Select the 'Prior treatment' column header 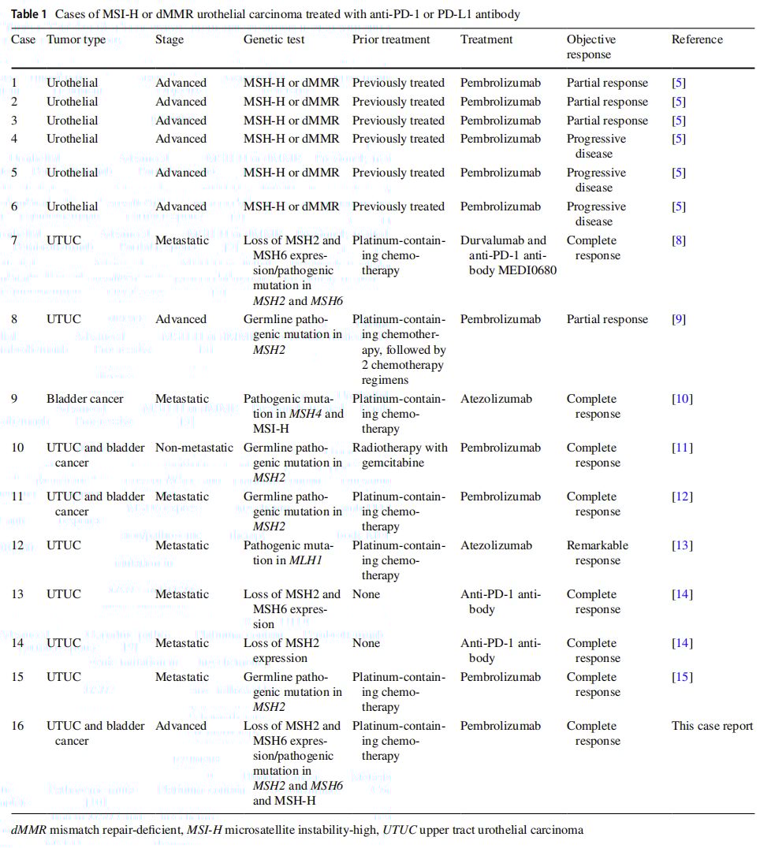point(391,40)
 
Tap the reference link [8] point(679,241)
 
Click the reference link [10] point(682,399)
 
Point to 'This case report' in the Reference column point(712,726)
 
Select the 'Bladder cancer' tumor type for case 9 point(85,399)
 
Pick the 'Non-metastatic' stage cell point(194,448)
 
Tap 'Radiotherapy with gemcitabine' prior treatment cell point(400,455)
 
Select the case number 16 point(17,726)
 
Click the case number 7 point(14,241)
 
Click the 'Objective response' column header point(591,47)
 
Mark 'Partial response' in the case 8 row point(607,320)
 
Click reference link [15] point(682,677)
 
